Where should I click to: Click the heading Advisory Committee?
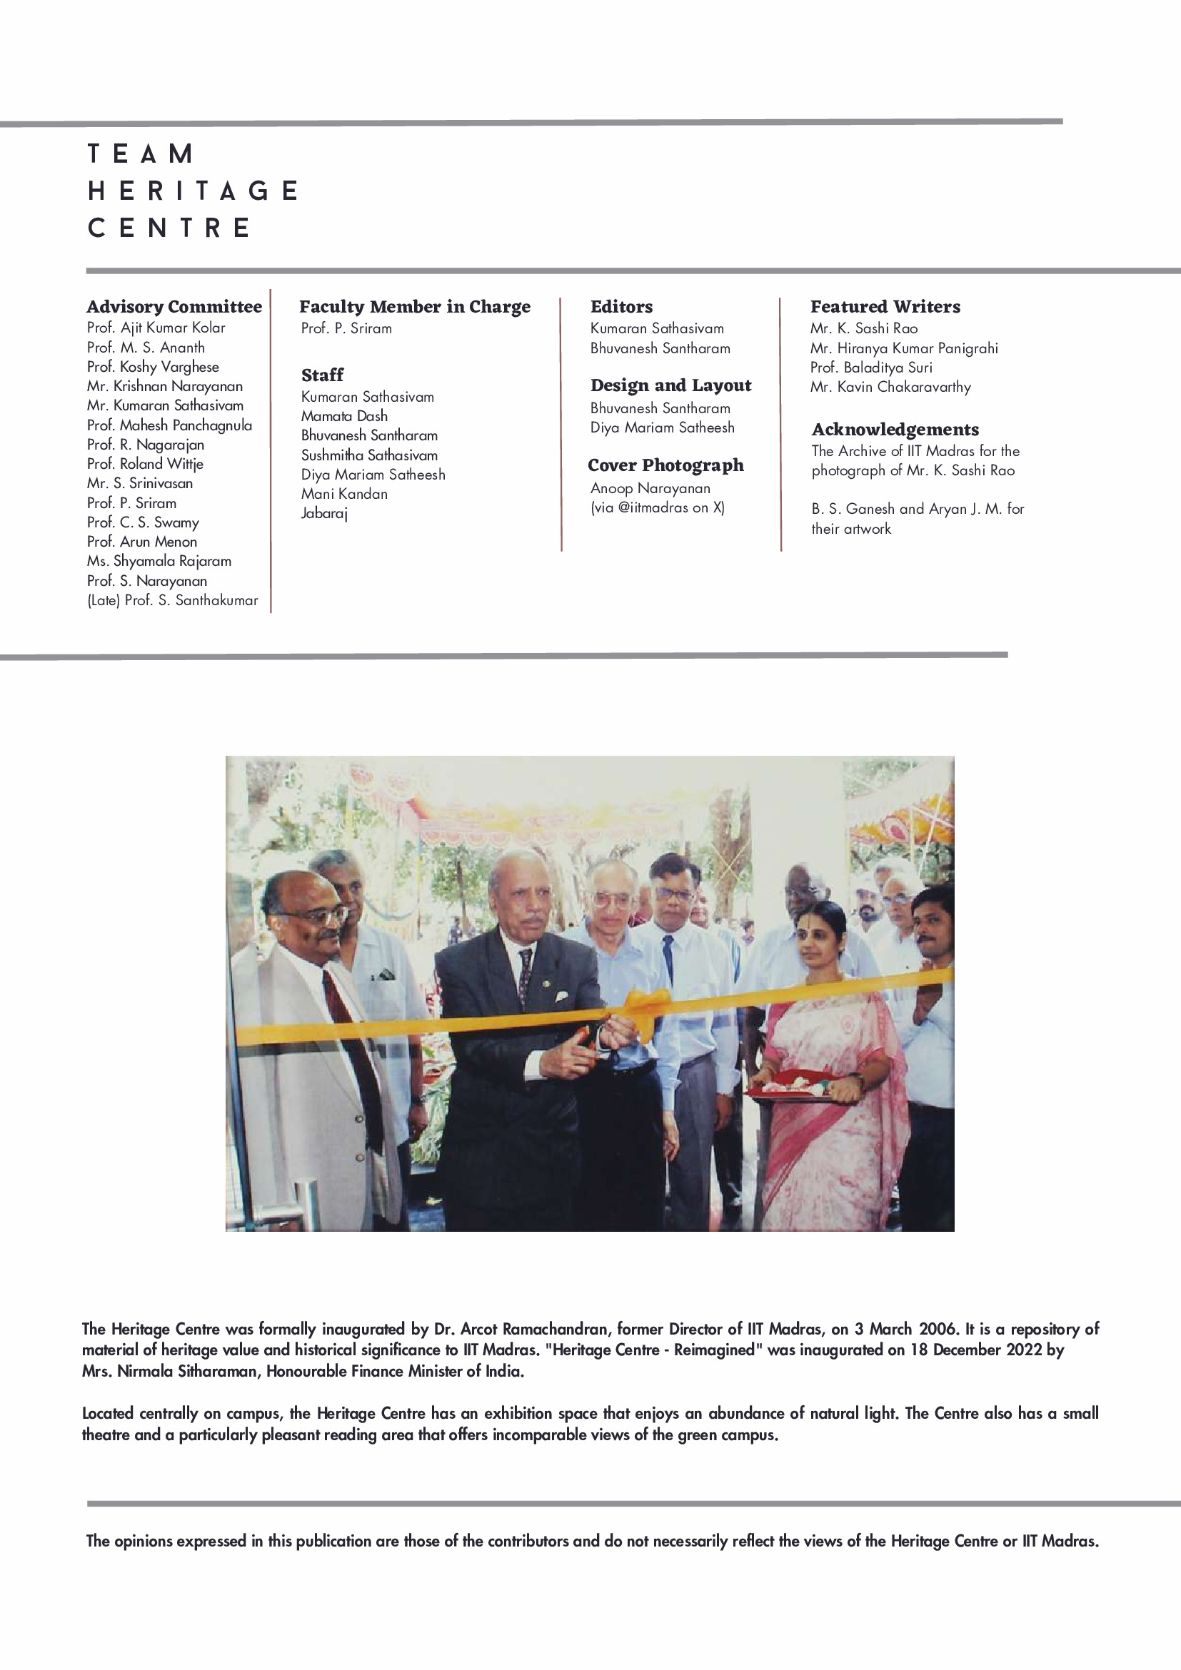[174, 307]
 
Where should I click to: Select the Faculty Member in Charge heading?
[415, 307]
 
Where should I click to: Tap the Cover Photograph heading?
[665, 465]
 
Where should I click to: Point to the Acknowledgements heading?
[895, 430]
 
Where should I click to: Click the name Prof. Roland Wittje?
[145, 464]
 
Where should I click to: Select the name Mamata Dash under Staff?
[344, 416]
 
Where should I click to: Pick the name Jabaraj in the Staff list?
[325, 514]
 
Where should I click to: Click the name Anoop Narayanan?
[650, 489]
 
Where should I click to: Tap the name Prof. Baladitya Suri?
[871, 368]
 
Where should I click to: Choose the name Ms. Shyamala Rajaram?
[159, 562]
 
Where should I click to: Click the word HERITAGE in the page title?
[193, 191]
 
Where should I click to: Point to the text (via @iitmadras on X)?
[657, 507]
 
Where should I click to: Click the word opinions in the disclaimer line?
[144, 1541]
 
